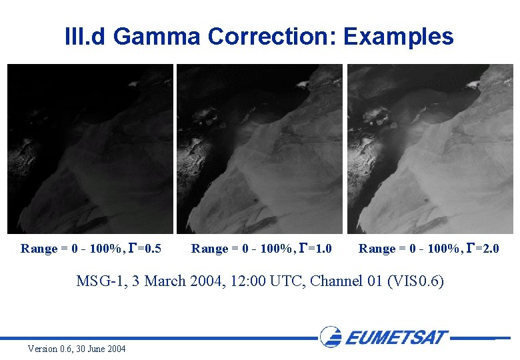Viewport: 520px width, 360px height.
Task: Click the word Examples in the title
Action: (x=399, y=36)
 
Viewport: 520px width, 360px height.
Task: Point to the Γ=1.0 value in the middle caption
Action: (x=315, y=249)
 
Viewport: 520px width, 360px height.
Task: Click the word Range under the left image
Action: (x=39, y=249)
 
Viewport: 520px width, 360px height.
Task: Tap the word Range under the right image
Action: (x=377, y=249)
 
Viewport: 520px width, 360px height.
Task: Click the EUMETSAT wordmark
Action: (x=396, y=337)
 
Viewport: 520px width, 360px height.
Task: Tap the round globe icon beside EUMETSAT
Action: (x=331, y=337)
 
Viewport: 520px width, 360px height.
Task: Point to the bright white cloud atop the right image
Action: (x=472, y=85)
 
